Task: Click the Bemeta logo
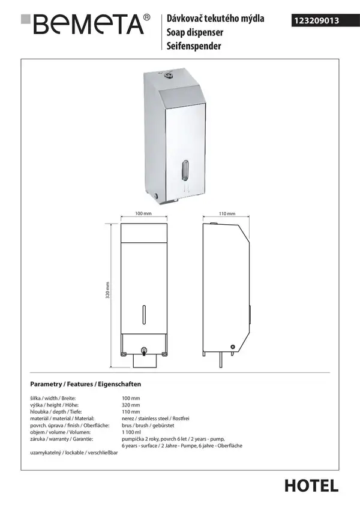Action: [85, 24]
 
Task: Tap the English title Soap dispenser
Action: [195, 32]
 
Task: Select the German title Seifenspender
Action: [194, 46]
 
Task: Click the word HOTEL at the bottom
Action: [311, 486]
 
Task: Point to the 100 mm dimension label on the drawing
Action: [143, 213]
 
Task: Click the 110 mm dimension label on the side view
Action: [227, 213]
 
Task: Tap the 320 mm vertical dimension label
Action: [108, 290]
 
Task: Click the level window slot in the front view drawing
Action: [144, 315]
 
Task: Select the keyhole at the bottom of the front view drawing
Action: [144, 350]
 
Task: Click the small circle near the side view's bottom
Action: [232, 347]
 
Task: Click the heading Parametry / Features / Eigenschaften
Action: [85, 384]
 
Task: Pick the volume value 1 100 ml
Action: [131, 432]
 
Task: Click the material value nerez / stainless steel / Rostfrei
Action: [155, 418]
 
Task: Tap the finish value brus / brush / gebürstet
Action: [148, 425]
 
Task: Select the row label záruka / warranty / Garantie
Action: [62, 439]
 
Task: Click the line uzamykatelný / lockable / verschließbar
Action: [74, 453]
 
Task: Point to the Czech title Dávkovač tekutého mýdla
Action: [215, 19]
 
